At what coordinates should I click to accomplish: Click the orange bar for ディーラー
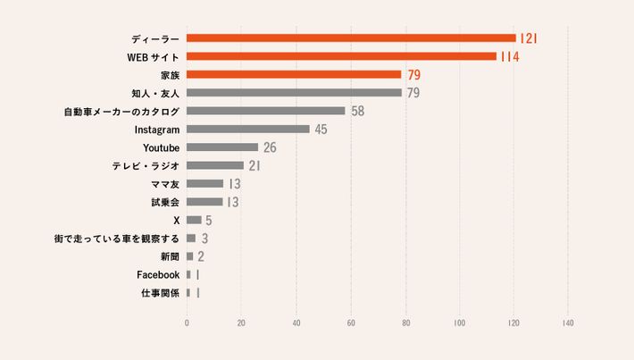pos(351,38)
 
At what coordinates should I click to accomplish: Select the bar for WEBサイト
pos(341,56)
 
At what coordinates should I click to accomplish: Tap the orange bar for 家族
pos(294,74)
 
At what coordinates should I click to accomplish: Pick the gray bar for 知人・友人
pos(294,92)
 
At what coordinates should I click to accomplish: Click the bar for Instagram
pos(247,129)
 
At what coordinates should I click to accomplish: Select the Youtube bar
pos(222,147)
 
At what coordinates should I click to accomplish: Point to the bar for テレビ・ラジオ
pos(215,165)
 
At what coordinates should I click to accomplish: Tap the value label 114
pos(510,56)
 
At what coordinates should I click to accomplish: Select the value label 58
pos(358,111)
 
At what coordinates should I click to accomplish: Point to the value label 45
pos(321,129)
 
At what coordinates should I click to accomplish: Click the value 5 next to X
pos(208,220)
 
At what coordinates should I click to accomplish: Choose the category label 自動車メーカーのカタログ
pos(121,111)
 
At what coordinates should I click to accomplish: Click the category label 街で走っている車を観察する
pos(117,239)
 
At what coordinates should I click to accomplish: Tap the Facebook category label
pos(158,274)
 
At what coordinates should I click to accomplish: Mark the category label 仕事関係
pos(161,292)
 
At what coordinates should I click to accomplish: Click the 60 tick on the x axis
pos(351,322)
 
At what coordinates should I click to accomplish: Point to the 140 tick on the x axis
pos(568,322)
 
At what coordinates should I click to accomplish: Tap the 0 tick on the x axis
pos(187,322)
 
